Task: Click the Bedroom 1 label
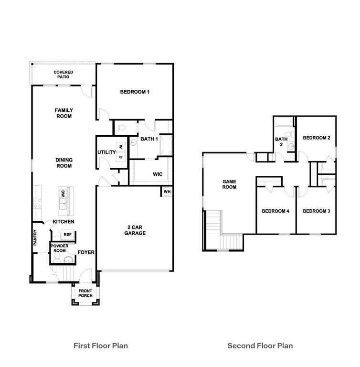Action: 135,92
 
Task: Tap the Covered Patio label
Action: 63,74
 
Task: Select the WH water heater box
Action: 167,192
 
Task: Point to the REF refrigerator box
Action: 67,235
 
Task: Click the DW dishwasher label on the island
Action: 63,194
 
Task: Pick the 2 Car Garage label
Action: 135,230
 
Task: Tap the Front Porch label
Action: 85,293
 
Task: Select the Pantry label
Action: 35,238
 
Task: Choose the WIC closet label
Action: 158,174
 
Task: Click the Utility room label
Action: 106,152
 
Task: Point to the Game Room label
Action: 230,184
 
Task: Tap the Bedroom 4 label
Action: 275,211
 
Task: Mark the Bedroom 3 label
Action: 317,211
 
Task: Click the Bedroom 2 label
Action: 317,138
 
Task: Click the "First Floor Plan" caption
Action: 100,345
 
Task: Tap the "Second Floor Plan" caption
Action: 260,345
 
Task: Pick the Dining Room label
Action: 63,163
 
